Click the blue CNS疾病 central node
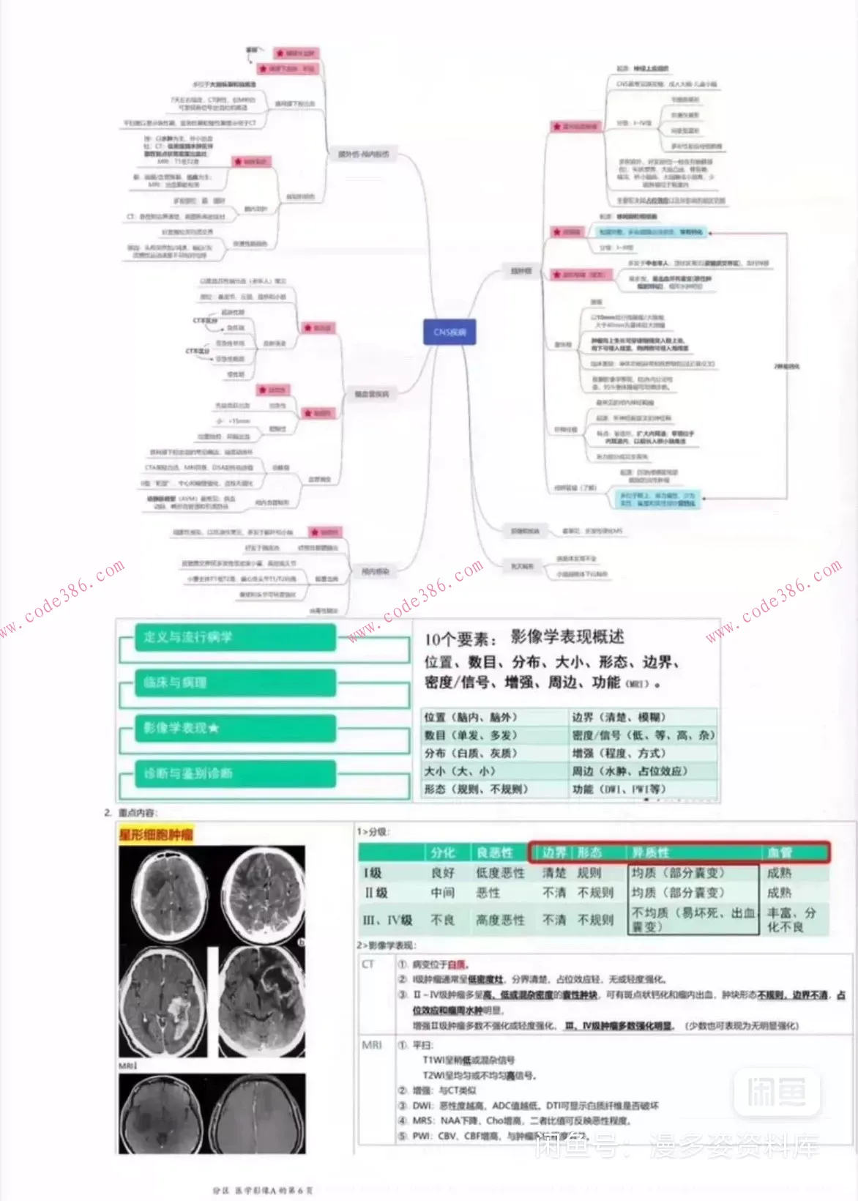(x=449, y=332)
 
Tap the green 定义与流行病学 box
(x=234, y=637)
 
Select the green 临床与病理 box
(x=234, y=683)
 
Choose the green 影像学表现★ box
(x=234, y=728)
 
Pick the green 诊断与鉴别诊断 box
(x=234, y=773)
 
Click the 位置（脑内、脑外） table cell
(x=471, y=717)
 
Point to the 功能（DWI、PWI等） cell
(x=619, y=789)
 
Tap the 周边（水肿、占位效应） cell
(x=630, y=770)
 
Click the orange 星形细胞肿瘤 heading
(x=156, y=834)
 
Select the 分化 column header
(x=443, y=852)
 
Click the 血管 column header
(x=780, y=852)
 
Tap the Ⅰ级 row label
(x=373, y=873)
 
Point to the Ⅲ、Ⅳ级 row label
(x=388, y=920)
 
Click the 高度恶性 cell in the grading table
(x=500, y=920)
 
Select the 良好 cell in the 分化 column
(x=443, y=873)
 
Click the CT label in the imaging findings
(x=368, y=964)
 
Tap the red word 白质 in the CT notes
(x=456, y=964)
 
